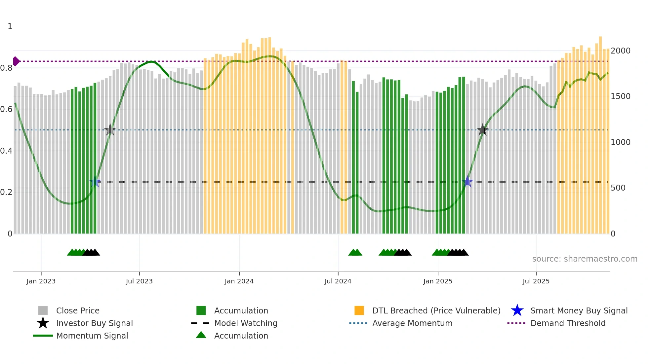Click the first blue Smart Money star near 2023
pos(95,182)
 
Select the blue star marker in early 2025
pos(467,181)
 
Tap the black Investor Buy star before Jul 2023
pos(110,130)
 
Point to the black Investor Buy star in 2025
pos(483,130)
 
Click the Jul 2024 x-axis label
pos(338,281)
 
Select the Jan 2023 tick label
pos(41,281)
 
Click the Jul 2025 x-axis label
pos(536,281)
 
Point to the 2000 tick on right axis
pos(621,51)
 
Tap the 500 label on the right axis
pos(618,188)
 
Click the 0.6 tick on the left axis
pos(6,109)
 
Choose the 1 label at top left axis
pos(10,26)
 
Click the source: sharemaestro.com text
pos(585,259)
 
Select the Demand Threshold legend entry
pos(568,323)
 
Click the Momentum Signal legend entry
pos(92,336)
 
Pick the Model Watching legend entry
pos(246,323)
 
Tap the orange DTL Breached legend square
pos(359,310)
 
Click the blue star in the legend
pos(517,310)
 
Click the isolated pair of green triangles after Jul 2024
pos(355,252)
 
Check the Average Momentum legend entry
pos(412,323)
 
